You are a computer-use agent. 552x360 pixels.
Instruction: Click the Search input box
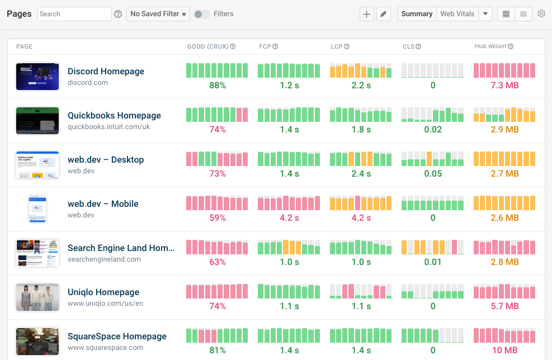pyautogui.click(x=74, y=14)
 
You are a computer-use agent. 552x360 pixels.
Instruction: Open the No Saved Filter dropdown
pyautogui.click(x=158, y=14)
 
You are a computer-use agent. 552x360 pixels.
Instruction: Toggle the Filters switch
pyautogui.click(x=202, y=14)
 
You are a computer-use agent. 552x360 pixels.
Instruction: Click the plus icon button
pyautogui.click(x=366, y=14)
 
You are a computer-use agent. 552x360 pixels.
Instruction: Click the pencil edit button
pyautogui.click(x=383, y=14)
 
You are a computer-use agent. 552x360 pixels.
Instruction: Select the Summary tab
pyautogui.click(x=417, y=14)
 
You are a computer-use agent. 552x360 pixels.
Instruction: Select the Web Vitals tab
pyautogui.click(x=457, y=14)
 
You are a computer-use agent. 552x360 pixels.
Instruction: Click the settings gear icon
pyautogui.click(x=541, y=14)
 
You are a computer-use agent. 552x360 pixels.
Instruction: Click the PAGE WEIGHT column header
pyautogui.click(x=490, y=47)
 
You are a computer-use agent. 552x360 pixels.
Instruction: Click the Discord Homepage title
pyautogui.click(x=106, y=72)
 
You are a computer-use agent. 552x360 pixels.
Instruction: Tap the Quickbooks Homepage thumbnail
pyautogui.click(x=37, y=121)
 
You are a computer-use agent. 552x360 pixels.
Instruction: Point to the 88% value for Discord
pyautogui.click(x=218, y=86)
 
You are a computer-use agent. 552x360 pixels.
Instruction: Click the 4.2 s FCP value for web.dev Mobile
pyautogui.click(x=289, y=218)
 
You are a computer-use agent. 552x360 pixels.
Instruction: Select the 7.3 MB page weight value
pyautogui.click(x=504, y=86)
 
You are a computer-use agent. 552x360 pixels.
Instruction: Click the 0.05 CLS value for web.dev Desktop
pyautogui.click(x=433, y=174)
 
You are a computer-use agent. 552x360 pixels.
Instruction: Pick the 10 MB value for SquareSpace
pyautogui.click(x=504, y=350)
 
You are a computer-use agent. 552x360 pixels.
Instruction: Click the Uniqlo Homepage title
pyautogui.click(x=103, y=292)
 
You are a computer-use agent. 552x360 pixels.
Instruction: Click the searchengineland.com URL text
pyautogui.click(x=104, y=259)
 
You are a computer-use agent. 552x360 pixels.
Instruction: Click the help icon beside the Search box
pyautogui.click(x=118, y=14)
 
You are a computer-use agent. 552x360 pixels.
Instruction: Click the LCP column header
pyautogui.click(x=337, y=47)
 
